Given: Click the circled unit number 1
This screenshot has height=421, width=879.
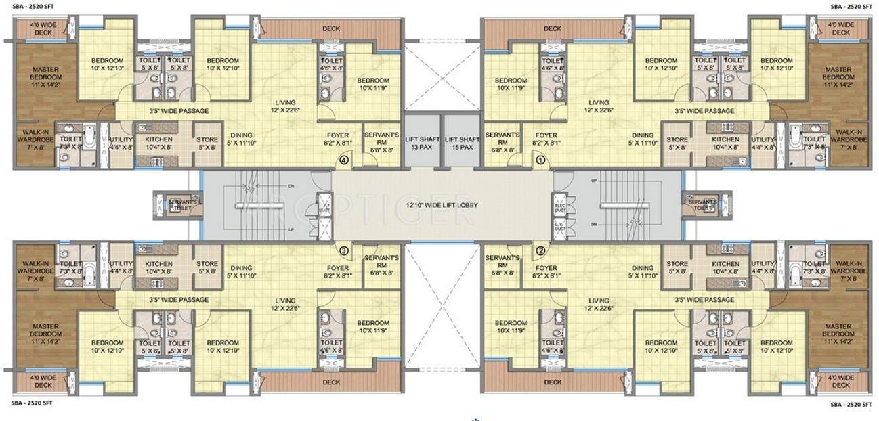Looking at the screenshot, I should coord(540,161).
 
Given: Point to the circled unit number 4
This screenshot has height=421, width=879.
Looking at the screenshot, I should coord(344,161).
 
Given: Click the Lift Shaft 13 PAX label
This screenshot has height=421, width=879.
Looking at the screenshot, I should coord(423,143).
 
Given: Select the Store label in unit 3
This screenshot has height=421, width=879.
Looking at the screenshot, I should coord(207,268).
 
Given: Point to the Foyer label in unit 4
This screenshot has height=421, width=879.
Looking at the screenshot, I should coord(337,139).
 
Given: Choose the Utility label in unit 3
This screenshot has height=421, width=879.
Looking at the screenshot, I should coord(121,267).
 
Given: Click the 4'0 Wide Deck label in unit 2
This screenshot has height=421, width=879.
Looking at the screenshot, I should coord(840,381).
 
